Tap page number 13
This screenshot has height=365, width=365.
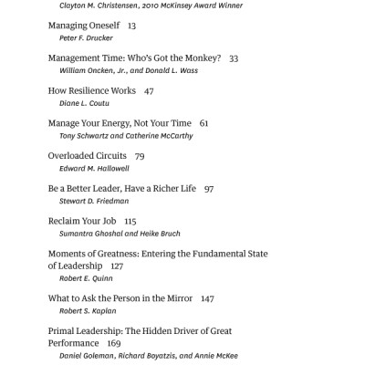(x=132, y=26)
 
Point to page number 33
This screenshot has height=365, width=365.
(x=234, y=58)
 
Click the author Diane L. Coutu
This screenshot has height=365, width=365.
(x=85, y=106)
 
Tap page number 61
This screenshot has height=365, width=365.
(x=203, y=123)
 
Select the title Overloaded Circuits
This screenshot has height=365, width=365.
(x=87, y=156)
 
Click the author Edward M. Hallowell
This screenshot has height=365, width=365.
(x=94, y=170)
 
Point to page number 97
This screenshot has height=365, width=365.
(x=209, y=188)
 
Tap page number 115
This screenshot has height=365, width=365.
(x=130, y=221)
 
